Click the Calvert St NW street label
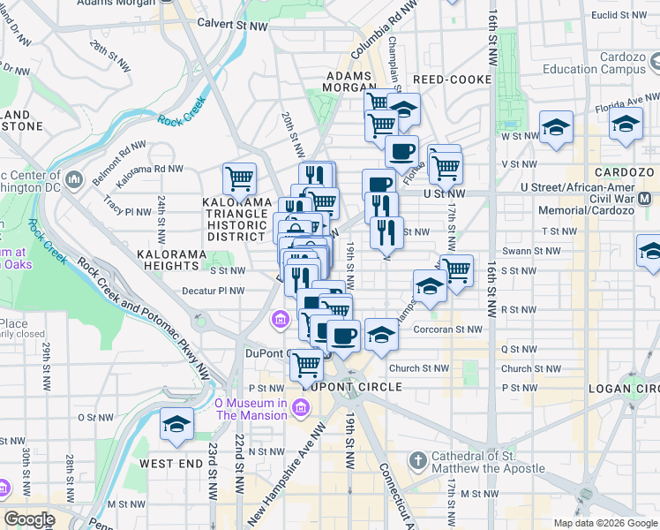pyautogui.click(x=232, y=25)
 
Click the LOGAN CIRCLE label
pyautogui.click(x=630, y=388)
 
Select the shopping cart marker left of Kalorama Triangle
pyautogui.click(x=239, y=179)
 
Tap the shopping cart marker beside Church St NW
pyautogui.click(x=306, y=363)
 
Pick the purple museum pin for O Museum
pyautogui.click(x=301, y=406)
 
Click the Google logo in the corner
pyautogui.click(x=30, y=519)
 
